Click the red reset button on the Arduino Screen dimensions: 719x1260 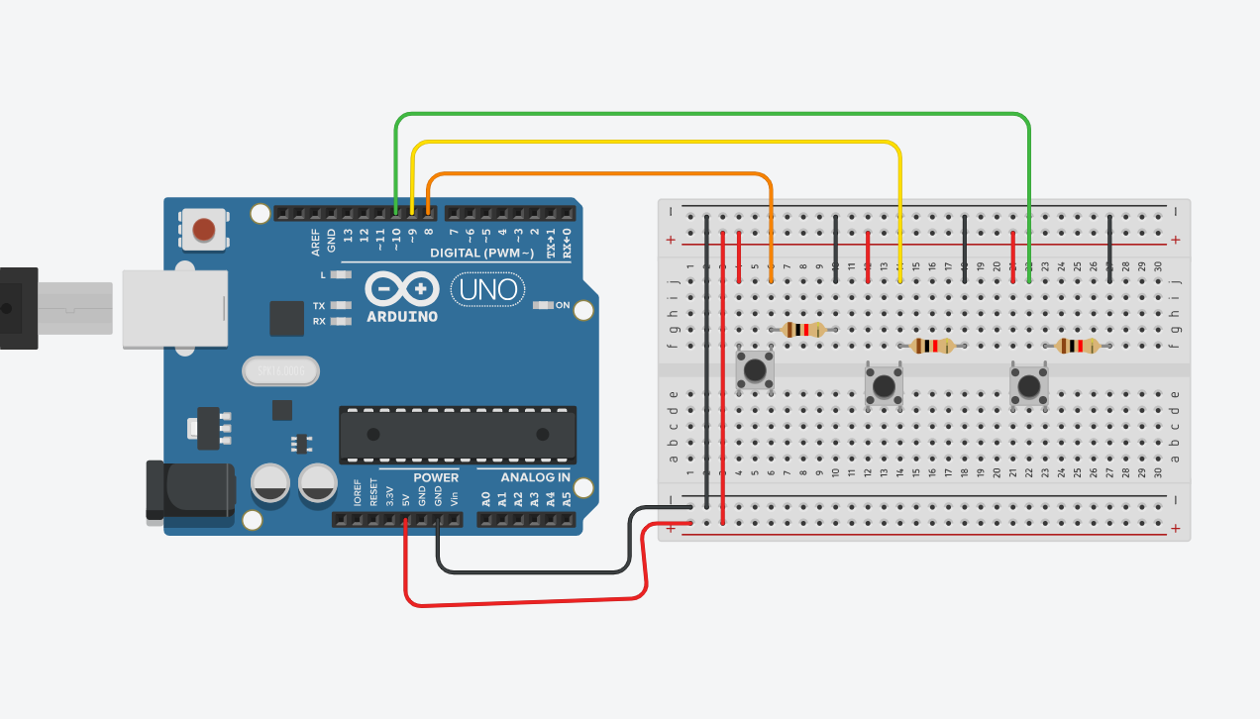pos(204,231)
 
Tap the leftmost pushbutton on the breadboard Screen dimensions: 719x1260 pos(755,370)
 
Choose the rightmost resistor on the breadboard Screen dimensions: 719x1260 pos(1077,346)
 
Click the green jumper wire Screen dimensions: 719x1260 pos(713,115)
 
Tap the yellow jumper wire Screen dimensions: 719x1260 pos(654,144)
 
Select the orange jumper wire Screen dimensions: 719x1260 pos(594,174)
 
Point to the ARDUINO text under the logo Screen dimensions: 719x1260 pos(402,317)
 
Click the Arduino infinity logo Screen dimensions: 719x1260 pos(402,289)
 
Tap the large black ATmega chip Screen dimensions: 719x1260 pos(458,434)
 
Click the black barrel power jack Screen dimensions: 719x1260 pos(188,488)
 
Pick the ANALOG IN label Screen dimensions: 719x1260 pos(535,477)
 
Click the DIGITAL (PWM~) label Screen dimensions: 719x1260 pos(484,254)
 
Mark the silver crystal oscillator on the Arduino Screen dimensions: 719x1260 pos(281,370)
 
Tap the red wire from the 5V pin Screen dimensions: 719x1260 pos(525,601)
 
